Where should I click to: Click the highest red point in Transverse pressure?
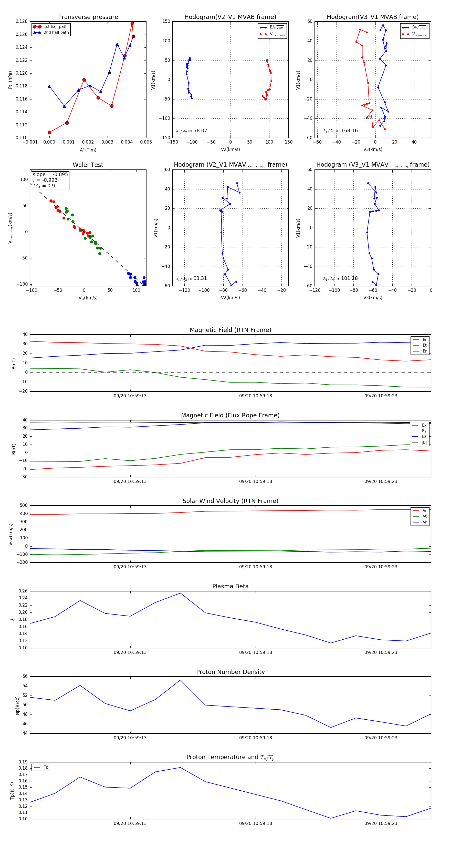pyautogui.click(x=132, y=23)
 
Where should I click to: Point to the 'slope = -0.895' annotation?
pyautogui.click(x=50, y=174)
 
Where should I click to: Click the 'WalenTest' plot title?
pyautogui.click(x=88, y=165)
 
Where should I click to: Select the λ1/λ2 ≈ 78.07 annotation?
pyautogui.click(x=191, y=131)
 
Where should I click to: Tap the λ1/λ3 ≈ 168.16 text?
pyautogui.click(x=340, y=131)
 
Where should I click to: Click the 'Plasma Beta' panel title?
pyautogui.click(x=230, y=586)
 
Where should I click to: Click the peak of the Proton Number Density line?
pyautogui.click(x=180, y=680)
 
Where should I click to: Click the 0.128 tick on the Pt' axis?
pyautogui.click(x=22, y=21)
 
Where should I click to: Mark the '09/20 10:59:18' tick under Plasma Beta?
pyautogui.click(x=255, y=652)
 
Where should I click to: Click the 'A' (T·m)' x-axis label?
pyautogui.click(x=88, y=150)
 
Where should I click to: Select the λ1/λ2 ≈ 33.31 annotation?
pyautogui.click(x=191, y=278)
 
